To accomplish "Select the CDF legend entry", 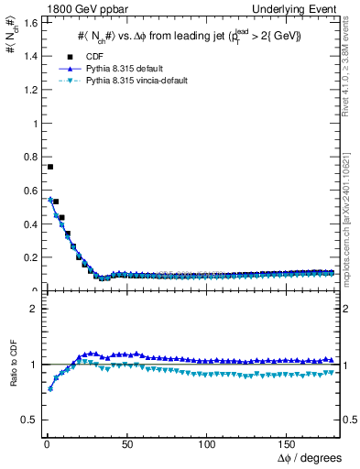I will tap(92, 56).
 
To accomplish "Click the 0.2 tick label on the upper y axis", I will tap(27, 256).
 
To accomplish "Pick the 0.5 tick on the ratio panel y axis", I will tap(27, 420).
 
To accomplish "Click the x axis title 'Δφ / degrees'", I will tap(310, 458).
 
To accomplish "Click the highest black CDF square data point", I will tap(49, 167).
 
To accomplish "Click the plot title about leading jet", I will tap(188, 35).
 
